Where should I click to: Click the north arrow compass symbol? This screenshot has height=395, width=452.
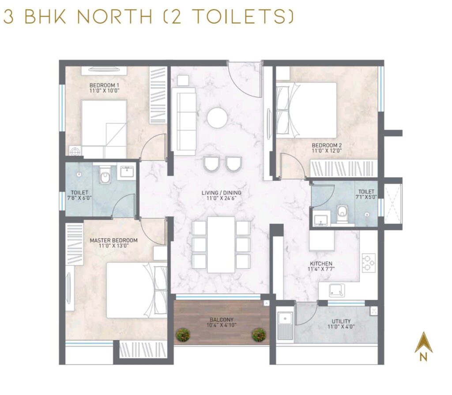(x=423, y=343)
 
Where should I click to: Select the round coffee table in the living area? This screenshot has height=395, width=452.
(x=217, y=118)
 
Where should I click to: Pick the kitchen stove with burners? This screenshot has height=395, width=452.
(x=368, y=263)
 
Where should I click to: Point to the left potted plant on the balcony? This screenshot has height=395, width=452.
(x=182, y=335)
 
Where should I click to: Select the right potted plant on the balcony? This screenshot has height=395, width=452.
(x=259, y=335)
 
